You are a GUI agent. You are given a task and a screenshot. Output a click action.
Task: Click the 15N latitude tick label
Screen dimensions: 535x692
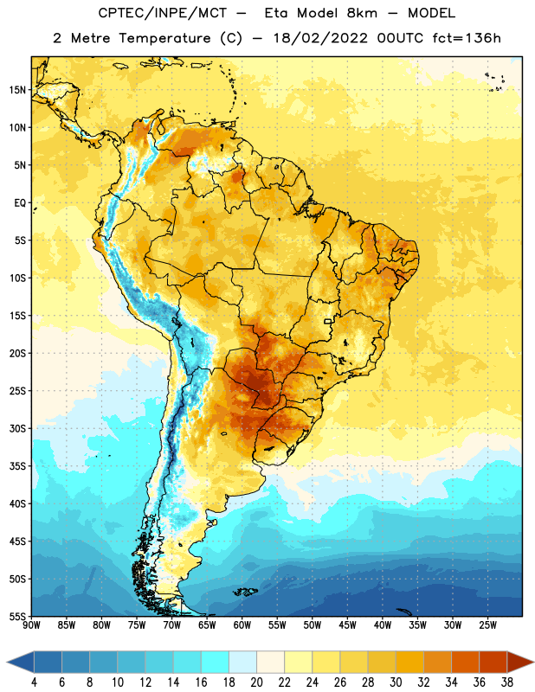[17, 90]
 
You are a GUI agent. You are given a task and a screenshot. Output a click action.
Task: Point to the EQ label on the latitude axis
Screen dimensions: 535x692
[20, 203]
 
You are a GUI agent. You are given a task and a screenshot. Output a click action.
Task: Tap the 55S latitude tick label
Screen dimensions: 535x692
[17, 616]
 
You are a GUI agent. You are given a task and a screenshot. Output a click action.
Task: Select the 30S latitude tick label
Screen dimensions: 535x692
[17, 428]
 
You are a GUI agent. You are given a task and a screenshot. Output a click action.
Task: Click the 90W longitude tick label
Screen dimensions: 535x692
[31, 625]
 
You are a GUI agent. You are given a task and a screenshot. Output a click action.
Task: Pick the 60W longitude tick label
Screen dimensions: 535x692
[242, 625]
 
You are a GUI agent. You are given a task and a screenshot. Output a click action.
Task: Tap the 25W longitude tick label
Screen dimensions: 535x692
[487, 625]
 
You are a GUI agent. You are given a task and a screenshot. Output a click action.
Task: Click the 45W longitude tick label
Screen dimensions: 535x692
[347, 625]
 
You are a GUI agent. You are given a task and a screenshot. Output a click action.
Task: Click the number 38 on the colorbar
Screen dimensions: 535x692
[506, 682]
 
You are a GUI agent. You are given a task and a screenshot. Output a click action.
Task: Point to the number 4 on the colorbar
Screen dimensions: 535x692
[34, 682]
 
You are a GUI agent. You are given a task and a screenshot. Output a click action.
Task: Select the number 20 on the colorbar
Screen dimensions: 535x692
[256, 682]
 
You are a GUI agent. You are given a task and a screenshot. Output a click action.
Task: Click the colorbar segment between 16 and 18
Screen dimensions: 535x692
[216, 663]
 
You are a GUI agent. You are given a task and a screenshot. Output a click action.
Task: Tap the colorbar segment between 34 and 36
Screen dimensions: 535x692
[465, 663]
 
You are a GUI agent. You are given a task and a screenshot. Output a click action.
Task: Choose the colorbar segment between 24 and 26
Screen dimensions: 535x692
[326, 663]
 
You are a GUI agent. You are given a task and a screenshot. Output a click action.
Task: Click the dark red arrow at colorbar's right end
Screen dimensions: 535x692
[520, 663]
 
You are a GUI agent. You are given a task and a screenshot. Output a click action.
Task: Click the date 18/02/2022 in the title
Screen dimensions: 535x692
[320, 38]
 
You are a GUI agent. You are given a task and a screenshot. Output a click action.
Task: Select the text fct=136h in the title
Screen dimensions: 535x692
[467, 38]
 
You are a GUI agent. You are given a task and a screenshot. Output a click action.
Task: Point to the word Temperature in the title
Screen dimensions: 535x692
[164, 38]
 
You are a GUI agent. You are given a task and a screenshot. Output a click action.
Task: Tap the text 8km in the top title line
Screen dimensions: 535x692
[362, 13]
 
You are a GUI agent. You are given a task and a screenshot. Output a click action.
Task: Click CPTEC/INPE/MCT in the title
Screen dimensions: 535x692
[162, 13]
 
